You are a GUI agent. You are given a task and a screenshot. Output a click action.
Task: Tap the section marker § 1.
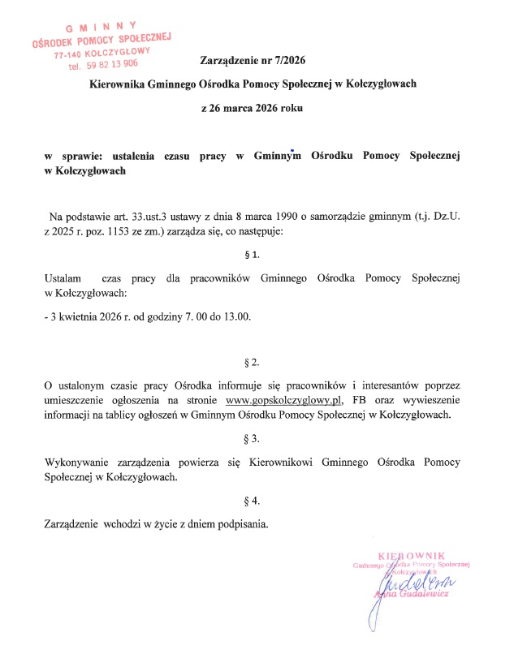tap(252, 255)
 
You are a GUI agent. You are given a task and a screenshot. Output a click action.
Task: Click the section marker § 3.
tap(252, 439)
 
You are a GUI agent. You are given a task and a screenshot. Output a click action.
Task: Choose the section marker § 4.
tap(252, 501)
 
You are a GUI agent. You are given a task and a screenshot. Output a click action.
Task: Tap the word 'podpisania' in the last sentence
tap(240, 524)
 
